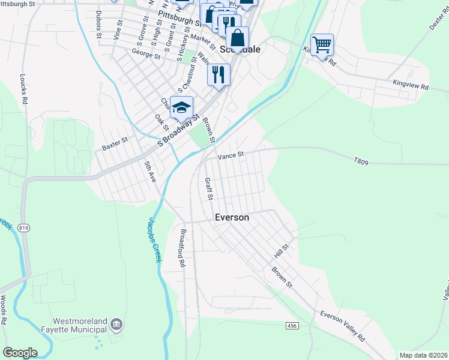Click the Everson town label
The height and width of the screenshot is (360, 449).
232,217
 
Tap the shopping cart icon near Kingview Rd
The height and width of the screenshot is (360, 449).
322,44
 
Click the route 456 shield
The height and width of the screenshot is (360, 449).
292,325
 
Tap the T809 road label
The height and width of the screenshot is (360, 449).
360,161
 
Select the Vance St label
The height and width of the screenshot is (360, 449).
231,155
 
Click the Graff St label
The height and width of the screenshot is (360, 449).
208,188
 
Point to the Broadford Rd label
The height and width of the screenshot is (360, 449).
181,247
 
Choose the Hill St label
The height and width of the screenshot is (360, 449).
282,251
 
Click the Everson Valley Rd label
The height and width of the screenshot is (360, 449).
342,326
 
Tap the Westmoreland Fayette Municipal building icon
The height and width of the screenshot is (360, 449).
117,325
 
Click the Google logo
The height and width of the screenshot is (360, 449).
20,353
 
